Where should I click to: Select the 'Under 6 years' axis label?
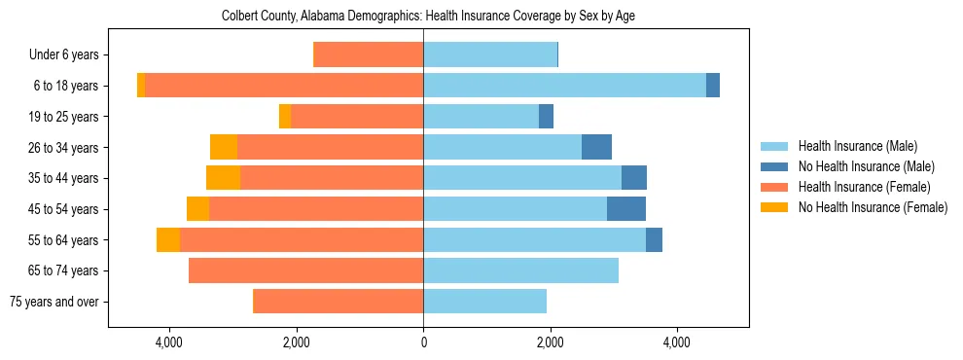70,55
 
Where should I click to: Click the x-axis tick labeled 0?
423,342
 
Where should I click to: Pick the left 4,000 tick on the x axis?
169,342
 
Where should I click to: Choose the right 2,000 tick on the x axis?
550,342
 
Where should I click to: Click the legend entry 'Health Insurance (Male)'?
857,146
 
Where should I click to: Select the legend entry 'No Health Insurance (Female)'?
873,207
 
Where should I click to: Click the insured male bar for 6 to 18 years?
564,86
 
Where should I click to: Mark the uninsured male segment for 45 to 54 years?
626,209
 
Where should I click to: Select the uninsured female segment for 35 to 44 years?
223,178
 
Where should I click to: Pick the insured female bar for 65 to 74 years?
305,270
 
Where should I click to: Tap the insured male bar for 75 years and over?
484,302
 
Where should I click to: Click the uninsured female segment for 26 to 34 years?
224,147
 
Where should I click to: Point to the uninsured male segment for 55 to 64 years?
654,239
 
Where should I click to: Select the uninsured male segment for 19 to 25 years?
546,117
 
